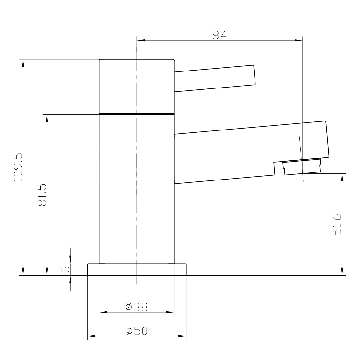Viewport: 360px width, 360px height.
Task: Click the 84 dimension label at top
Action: pyautogui.click(x=219, y=35)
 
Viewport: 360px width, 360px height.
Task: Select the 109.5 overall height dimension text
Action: pyautogui.click(x=18, y=167)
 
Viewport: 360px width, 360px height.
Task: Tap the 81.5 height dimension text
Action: pyautogui.click(x=42, y=195)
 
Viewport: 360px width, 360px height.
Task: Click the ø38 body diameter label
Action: pyautogui.click(x=137, y=307)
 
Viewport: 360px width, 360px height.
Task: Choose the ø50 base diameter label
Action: pyautogui.click(x=137, y=331)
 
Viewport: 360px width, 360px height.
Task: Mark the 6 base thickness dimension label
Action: pyautogui.click(x=65, y=269)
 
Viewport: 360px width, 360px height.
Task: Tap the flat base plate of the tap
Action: pyautogui.click(x=137, y=269)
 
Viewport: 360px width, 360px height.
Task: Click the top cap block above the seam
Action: pyautogui.click(x=137, y=86)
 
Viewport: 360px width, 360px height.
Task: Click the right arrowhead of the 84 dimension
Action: pyautogui.click(x=299, y=40)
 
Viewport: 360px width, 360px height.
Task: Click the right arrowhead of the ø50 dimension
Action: pyautogui.click(x=183, y=336)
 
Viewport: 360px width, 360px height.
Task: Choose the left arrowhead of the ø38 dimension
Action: pyautogui.click(x=103, y=312)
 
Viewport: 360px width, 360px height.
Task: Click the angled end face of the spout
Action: pyautogui.click(x=327, y=139)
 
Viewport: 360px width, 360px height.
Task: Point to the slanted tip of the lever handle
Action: pyautogui.click(x=255, y=75)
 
